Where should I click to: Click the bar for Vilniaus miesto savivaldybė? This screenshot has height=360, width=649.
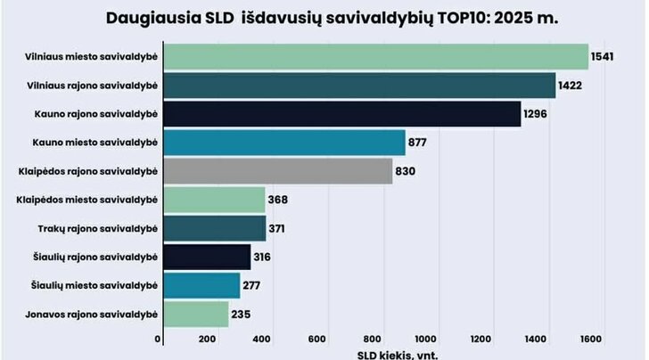[x=376, y=57]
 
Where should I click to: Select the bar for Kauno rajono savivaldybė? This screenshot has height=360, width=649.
[x=342, y=114]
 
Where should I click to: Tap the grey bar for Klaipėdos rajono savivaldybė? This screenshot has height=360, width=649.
[x=278, y=171]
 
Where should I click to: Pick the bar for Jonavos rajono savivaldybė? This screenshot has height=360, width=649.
[x=196, y=314]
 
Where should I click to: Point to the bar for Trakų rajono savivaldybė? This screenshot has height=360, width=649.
[x=215, y=228]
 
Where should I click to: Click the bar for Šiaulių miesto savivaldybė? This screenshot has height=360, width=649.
[x=202, y=285]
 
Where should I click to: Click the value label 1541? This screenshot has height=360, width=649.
[x=603, y=57]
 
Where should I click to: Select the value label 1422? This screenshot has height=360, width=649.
[x=570, y=86]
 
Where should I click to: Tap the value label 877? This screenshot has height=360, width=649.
[x=417, y=143]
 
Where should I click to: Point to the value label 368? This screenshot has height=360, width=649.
[x=278, y=200]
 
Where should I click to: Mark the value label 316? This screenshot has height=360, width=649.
[x=262, y=257]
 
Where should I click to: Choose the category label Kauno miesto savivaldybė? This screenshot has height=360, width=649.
[x=95, y=143]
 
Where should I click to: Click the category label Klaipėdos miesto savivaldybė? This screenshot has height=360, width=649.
[x=87, y=200]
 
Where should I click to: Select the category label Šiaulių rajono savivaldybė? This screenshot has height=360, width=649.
[x=95, y=257]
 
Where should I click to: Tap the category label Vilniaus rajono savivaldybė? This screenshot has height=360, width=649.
[x=93, y=86]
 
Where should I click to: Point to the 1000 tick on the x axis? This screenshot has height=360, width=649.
[x=425, y=340]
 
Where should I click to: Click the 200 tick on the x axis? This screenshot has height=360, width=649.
[x=207, y=340]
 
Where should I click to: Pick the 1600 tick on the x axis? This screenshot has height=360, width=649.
[x=591, y=340]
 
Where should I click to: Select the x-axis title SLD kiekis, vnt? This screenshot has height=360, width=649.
[x=398, y=355]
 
